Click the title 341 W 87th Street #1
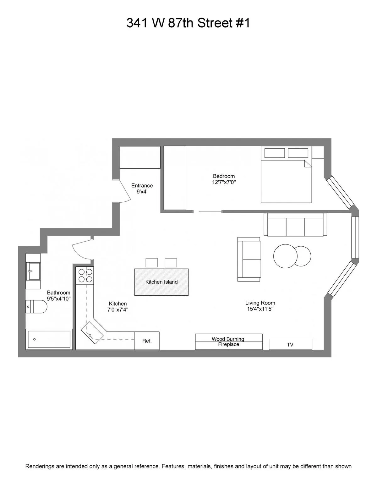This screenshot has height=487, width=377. click(188, 23)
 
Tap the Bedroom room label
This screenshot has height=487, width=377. click(224, 176)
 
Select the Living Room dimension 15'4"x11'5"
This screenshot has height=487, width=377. click(260, 309)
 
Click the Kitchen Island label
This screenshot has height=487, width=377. click(161, 282)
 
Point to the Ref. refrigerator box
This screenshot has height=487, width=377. click(147, 341)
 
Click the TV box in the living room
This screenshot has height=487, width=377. click(290, 344)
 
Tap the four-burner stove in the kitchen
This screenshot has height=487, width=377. click(85, 276)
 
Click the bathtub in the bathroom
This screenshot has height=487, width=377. click(49, 339)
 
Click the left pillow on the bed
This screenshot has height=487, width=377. click(274, 153)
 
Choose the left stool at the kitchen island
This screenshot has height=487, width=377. click(152, 263)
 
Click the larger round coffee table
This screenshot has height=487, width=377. click(285, 256)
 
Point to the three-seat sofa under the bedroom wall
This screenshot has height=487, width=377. click(295, 225)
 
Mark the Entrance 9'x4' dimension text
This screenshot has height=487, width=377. click(142, 191)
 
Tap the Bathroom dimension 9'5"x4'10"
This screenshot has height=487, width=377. click(59, 298)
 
